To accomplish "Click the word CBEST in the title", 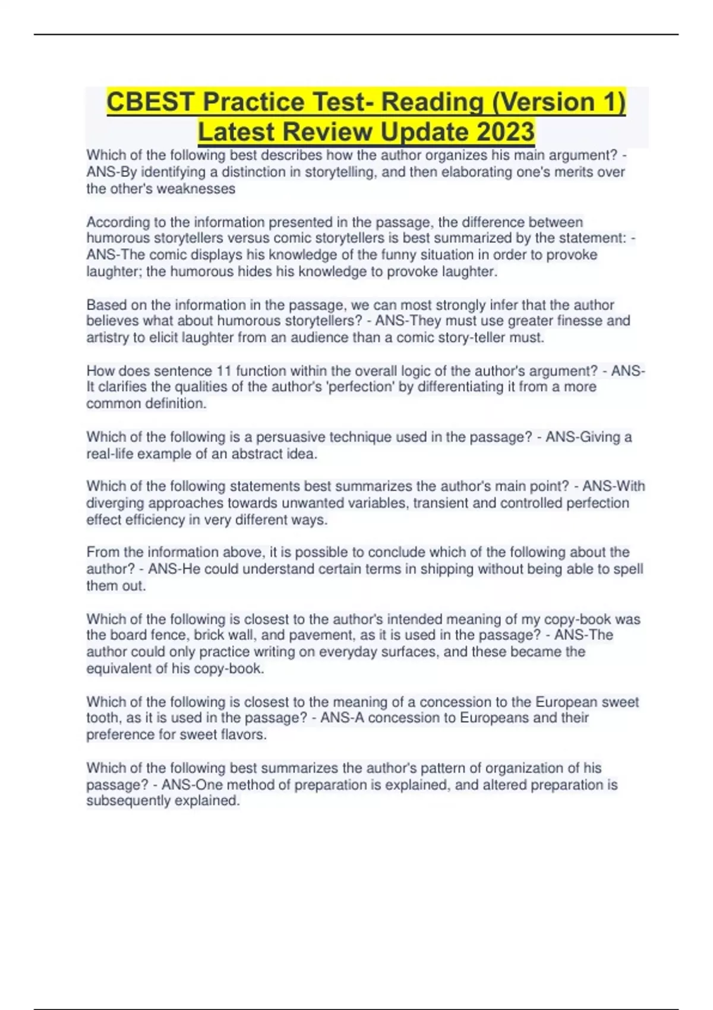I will point(152,102).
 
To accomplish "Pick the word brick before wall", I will point(209,635).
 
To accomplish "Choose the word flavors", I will point(243,734).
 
